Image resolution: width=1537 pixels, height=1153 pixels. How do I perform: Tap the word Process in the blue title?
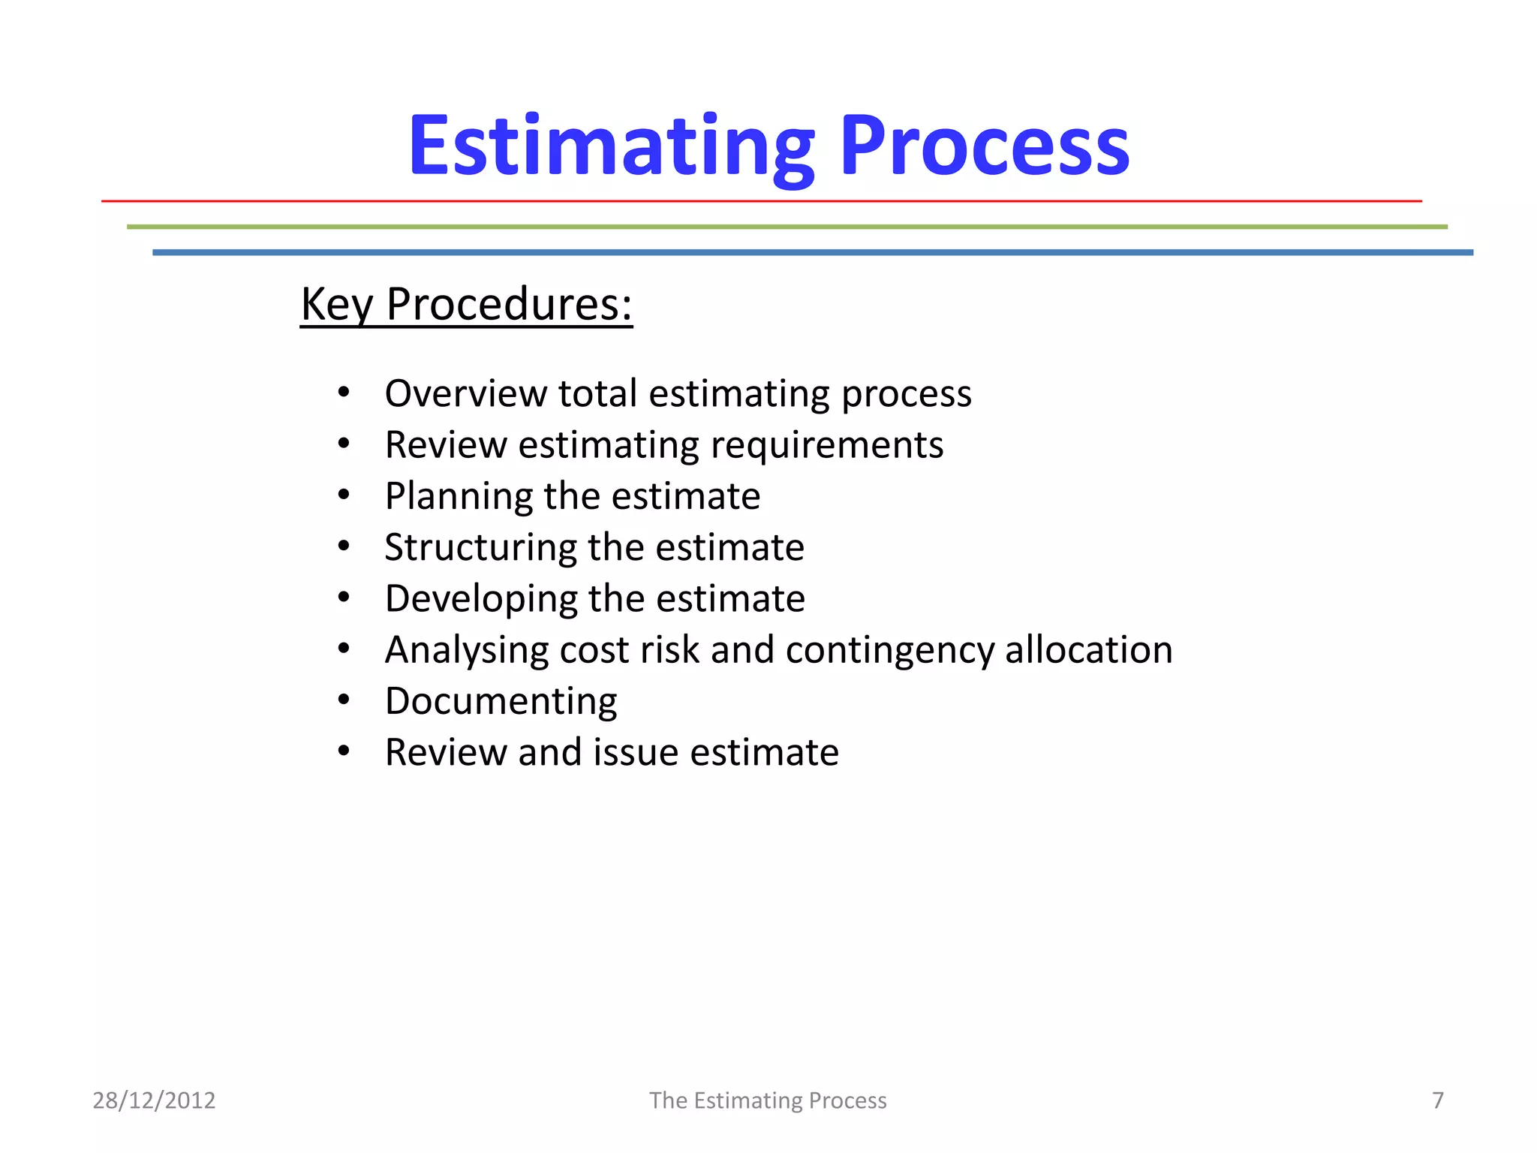985,146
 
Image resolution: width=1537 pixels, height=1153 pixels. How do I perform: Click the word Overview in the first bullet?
465,393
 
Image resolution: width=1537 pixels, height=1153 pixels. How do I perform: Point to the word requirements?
826,445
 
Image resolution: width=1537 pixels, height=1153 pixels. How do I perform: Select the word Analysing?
466,650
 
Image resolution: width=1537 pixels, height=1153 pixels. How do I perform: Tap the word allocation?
1088,650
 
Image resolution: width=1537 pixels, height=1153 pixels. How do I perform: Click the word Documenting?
501,701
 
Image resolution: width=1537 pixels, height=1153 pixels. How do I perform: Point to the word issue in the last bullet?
636,752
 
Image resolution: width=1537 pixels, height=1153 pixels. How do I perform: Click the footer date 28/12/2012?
154,1100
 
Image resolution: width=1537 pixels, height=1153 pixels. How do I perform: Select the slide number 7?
1437,1100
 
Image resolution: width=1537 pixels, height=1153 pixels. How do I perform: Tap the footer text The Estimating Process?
768,1100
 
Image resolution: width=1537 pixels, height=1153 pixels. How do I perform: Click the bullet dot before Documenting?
344,700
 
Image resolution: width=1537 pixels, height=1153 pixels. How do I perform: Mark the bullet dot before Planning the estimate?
344,495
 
